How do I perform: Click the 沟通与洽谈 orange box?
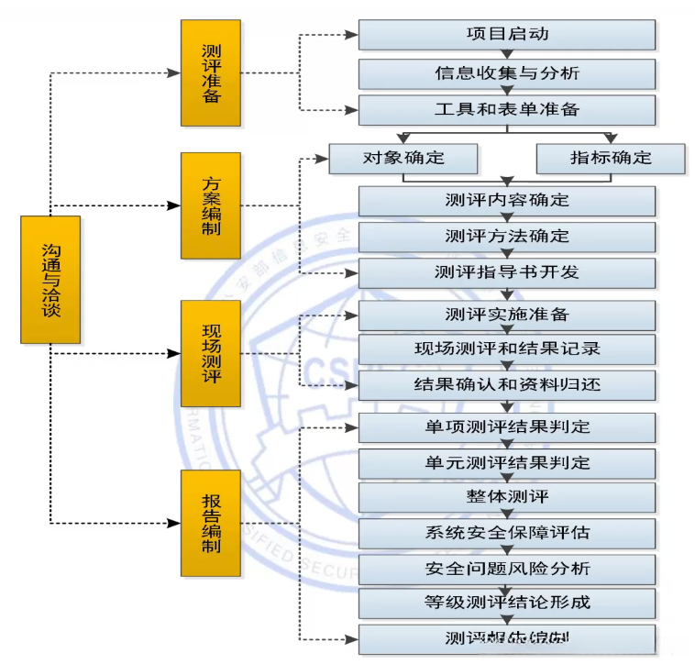(50, 280)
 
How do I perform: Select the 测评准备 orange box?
(210, 72)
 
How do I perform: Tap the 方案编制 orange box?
(210, 205)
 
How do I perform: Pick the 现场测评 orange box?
(210, 353)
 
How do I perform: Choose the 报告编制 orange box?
(210, 526)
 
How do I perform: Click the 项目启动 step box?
(506, 35)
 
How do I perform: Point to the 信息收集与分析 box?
(506, 72)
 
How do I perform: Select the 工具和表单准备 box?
(506, 110)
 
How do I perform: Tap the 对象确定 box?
(403, 158)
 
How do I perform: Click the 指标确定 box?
(610, 158)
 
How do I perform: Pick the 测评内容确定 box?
(506, 201)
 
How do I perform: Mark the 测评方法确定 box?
(506, 237)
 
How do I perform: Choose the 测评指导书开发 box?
(506, 273)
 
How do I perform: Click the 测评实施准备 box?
(506, 315)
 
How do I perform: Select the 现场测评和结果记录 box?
(506, 349)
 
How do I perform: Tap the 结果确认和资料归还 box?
(506, 385)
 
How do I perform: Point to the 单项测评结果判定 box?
(506, 427)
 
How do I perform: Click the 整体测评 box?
(506, 497)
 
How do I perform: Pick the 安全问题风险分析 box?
(506, 569)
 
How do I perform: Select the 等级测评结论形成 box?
(506, 603)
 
